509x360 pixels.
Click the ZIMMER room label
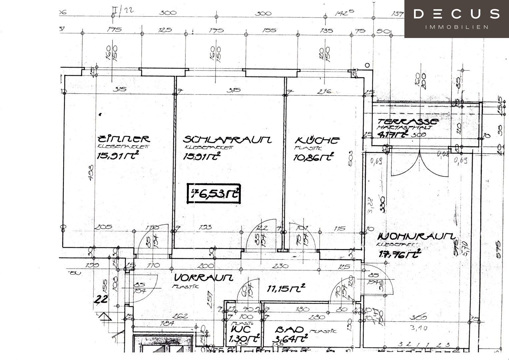pyautogui.click(x=123, y=139)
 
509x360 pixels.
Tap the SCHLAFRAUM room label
pyautogui.click(x=227, y=139)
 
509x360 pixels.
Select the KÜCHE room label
pyautogui.click(x=317, y=140)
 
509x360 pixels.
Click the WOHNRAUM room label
pyautogui.click(x=416, y=237)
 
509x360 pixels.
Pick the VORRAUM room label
pyautogui.click(x=204, y=277)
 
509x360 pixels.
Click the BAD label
pyautogui.click(x=289, y=330)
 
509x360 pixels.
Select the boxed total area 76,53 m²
pyautogui.click(x=214, y=193)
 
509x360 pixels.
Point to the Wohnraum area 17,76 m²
pyautogui.click(x=400, y=254)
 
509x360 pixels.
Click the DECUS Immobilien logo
pyautogui.click(x=456, y=19)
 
